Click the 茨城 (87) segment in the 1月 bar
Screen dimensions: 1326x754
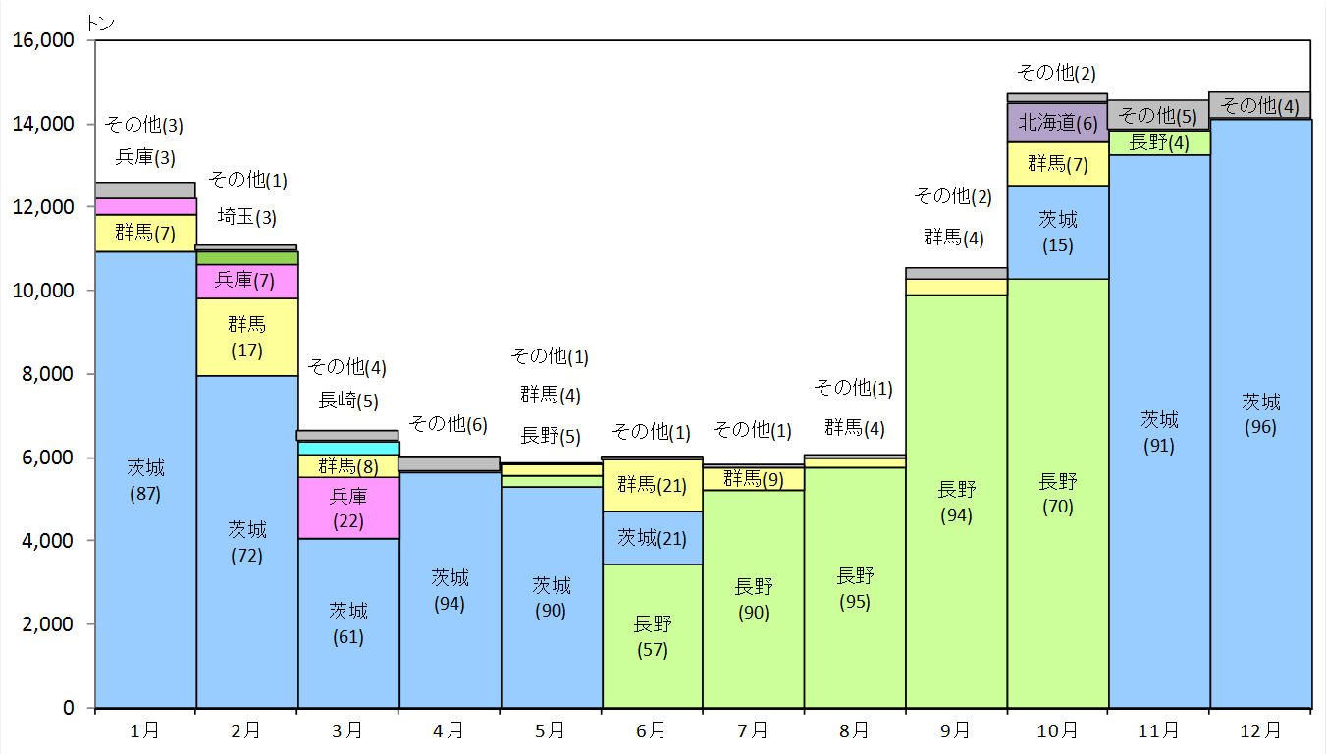pos(145,479)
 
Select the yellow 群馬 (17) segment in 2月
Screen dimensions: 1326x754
pos(247,337)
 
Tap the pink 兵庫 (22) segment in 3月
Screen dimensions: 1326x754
pos(348,508)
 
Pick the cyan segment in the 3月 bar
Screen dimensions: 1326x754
pos(348,448)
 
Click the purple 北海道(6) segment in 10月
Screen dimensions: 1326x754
pos(1058,123)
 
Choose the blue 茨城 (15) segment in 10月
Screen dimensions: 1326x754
pos(1058,232)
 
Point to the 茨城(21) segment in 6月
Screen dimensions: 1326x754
pos(653,538)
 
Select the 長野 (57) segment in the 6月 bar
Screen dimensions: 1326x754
pos(653,635)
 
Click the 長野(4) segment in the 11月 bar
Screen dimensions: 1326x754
pos(1159,142)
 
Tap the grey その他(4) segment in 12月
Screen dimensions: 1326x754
pos(1260,105)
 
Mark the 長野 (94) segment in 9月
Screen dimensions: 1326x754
pos(957,501)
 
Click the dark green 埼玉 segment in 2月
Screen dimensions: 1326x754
pos(247,258)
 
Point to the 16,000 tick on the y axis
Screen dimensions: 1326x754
pos(91,41)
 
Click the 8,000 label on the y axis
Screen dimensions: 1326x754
pos(47,374)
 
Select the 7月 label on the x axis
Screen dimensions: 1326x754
pos(753,730)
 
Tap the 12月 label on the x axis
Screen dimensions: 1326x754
pos(1260,730)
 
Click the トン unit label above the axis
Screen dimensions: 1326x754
pos(100,24)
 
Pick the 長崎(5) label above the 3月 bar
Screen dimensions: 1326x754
pos(348,401)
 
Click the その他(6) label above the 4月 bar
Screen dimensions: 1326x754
pos(449,424)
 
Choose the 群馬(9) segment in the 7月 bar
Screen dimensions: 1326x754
pos(754,479)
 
